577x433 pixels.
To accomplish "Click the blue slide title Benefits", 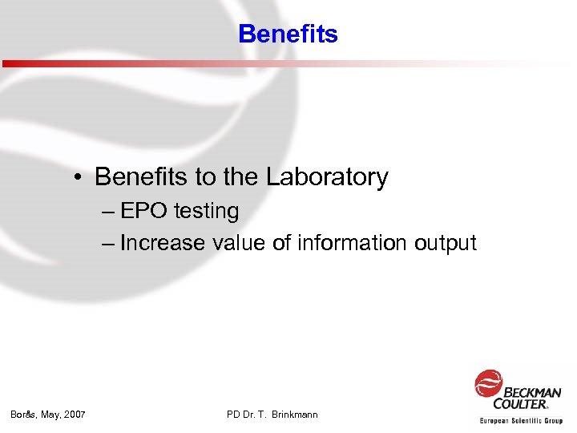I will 288,34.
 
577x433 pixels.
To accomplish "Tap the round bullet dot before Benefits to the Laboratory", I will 82,178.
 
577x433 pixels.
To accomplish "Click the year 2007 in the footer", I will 75,415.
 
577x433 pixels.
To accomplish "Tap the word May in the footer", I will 50,415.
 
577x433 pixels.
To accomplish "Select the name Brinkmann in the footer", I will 294,415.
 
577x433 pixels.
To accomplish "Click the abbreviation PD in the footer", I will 233,415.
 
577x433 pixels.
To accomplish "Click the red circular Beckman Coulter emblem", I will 488,383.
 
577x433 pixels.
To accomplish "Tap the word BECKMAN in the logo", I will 533,392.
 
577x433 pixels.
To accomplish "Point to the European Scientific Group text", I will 521,420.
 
